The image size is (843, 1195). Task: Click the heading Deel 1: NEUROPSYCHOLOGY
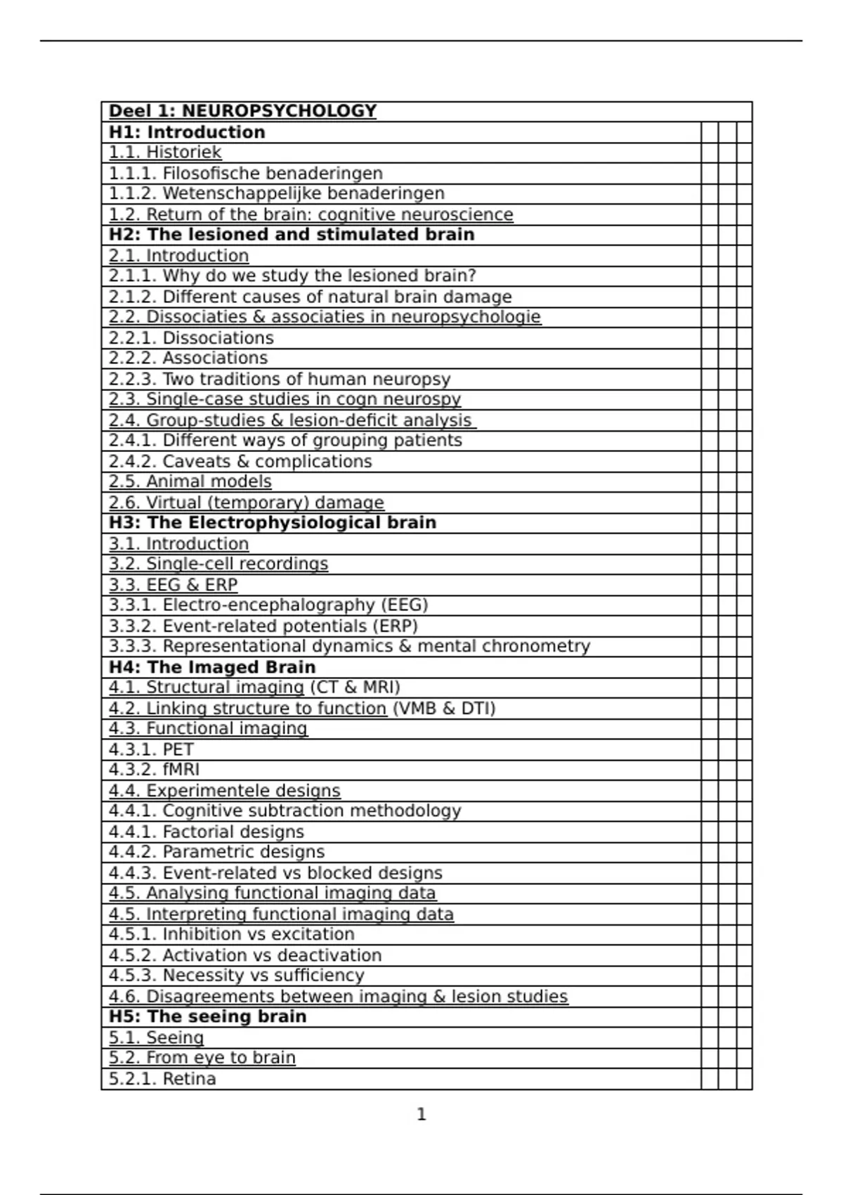pos(242,111)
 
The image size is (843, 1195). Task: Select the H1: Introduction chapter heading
pos(187,132)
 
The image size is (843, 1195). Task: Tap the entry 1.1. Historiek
pos(165,153)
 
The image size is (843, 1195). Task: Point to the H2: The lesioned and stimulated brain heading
pos(292,235)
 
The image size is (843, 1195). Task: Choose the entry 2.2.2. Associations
pos(188,358)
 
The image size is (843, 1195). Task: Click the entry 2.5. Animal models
pos(190,482)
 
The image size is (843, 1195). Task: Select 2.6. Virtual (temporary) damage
pos(246,503)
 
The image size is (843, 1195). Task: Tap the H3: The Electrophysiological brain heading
pos(273,523)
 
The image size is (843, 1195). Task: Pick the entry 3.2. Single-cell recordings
pos(218,564)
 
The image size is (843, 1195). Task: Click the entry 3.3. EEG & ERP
pos(173,585)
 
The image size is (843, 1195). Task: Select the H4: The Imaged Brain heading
pos(212,667)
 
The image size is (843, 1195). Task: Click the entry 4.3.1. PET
pos(151,749)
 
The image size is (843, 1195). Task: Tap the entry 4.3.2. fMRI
pos(154,770)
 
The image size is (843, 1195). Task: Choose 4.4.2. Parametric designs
pos(216,852)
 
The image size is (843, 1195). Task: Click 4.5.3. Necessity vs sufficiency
pos(236,976)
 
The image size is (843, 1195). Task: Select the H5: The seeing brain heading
pos(207,1016)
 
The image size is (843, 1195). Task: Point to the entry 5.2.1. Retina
pos(162,1079)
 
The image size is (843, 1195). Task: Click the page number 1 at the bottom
pos(421,1114)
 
